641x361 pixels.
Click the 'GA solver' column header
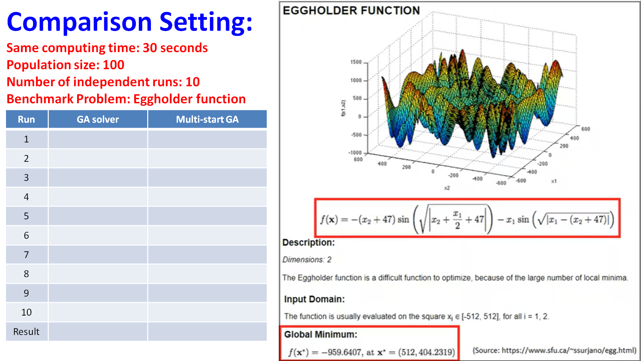[x=98, y=119]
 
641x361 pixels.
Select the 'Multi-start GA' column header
[x=207, y=119]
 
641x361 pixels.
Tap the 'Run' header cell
[x=26, y=119]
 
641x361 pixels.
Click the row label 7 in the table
[x=26, y=255]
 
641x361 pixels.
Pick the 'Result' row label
[x=26, y=332]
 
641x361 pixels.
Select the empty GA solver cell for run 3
[x=98, y=177]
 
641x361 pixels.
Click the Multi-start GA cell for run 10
[x=207, y=312]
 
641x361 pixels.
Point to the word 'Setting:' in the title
[x=206, y=22]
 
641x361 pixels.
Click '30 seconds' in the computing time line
[x=175, y=48]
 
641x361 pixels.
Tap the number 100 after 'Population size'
[x=114, y=65]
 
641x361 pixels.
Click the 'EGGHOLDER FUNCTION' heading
[x=351, y=11]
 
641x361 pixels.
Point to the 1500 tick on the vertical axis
[x=356, y=62]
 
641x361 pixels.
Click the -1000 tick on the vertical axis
[x=355, y=153]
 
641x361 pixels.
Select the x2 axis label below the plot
[x=447, y=188]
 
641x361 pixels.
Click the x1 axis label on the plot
[x=554, y=181]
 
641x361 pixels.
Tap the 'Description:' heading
[x=308, y=242]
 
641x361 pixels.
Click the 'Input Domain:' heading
[x=314, y=299]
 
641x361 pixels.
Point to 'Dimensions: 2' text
[x=307, y=260]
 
